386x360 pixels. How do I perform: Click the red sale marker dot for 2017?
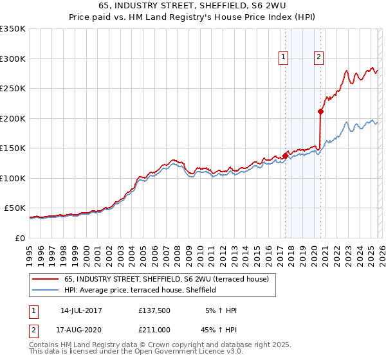pyautogui.click(x=285, y=156)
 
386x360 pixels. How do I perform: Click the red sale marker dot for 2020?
pyautogui.click(x=320, y=111)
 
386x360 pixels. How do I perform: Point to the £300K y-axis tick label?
pyautogui.click(x=13, y=59)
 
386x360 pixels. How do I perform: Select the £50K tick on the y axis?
pyautogui.click(x=15, y=208)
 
